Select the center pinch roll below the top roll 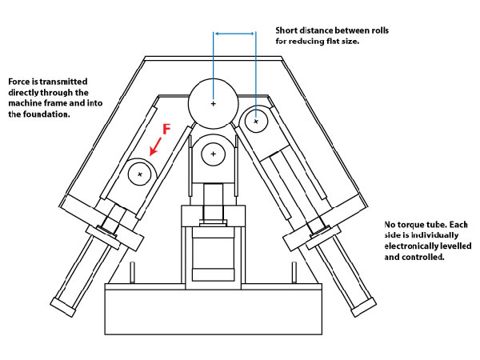(214, 155)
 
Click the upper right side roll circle (256, 121)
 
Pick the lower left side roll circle (141, 173)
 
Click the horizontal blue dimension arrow (234, 34)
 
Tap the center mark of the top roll (213, 103)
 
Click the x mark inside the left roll (141, 173)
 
